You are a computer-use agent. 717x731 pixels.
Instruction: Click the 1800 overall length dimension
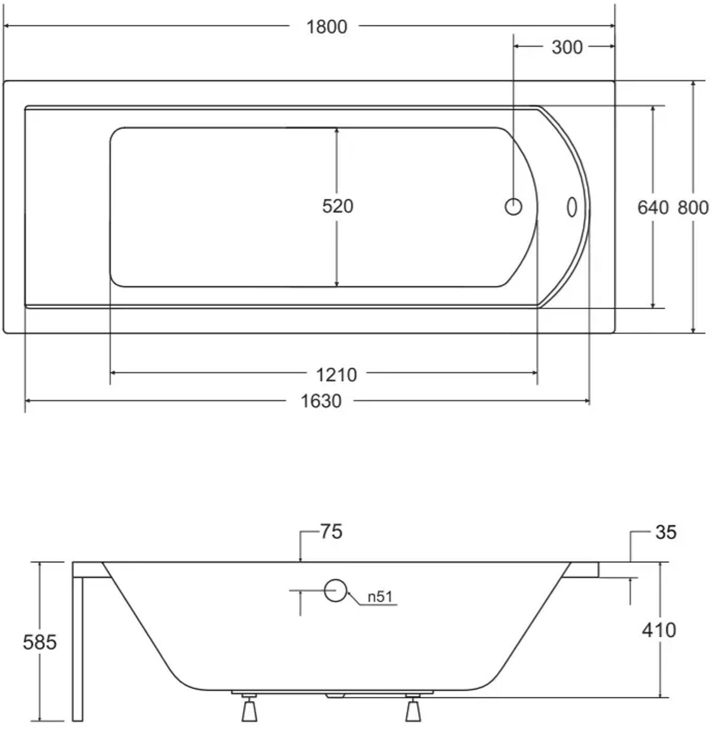point(327,27)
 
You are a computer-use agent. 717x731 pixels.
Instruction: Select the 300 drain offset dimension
point(567,47)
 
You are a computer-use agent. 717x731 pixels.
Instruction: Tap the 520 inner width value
point(337,206)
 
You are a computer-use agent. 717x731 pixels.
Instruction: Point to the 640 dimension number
point(653,208)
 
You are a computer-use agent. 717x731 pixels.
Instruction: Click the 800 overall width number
point(693,208)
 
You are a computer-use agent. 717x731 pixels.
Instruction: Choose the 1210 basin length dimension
point(336,375)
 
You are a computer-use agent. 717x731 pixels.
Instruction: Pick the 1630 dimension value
point(321,401)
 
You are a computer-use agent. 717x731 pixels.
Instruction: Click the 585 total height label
point(40,642)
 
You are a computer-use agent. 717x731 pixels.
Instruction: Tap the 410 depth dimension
point(659,630)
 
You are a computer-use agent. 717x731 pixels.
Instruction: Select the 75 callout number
point(331,532)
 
